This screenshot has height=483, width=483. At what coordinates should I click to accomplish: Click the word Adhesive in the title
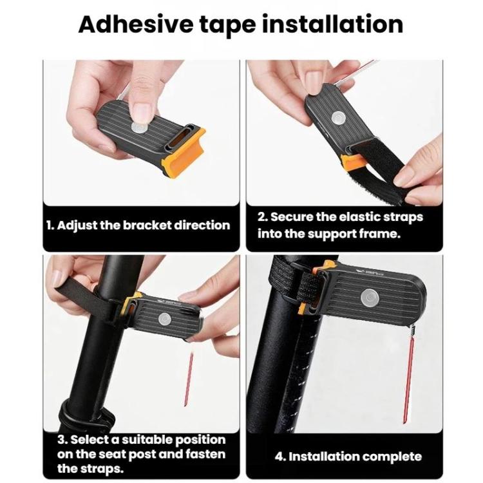coord(136,24)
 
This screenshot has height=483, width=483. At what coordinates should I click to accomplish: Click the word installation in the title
coord(332,24)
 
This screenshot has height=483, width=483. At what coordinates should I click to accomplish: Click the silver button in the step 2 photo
coord(339,118)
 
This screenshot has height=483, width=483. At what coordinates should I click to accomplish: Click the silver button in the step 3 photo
coord(165,319)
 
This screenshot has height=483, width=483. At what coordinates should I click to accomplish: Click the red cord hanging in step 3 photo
coord(189,379)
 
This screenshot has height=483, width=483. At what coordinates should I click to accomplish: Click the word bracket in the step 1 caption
coord(147,225)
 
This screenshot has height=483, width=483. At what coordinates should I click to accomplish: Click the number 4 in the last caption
coord(279,457)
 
